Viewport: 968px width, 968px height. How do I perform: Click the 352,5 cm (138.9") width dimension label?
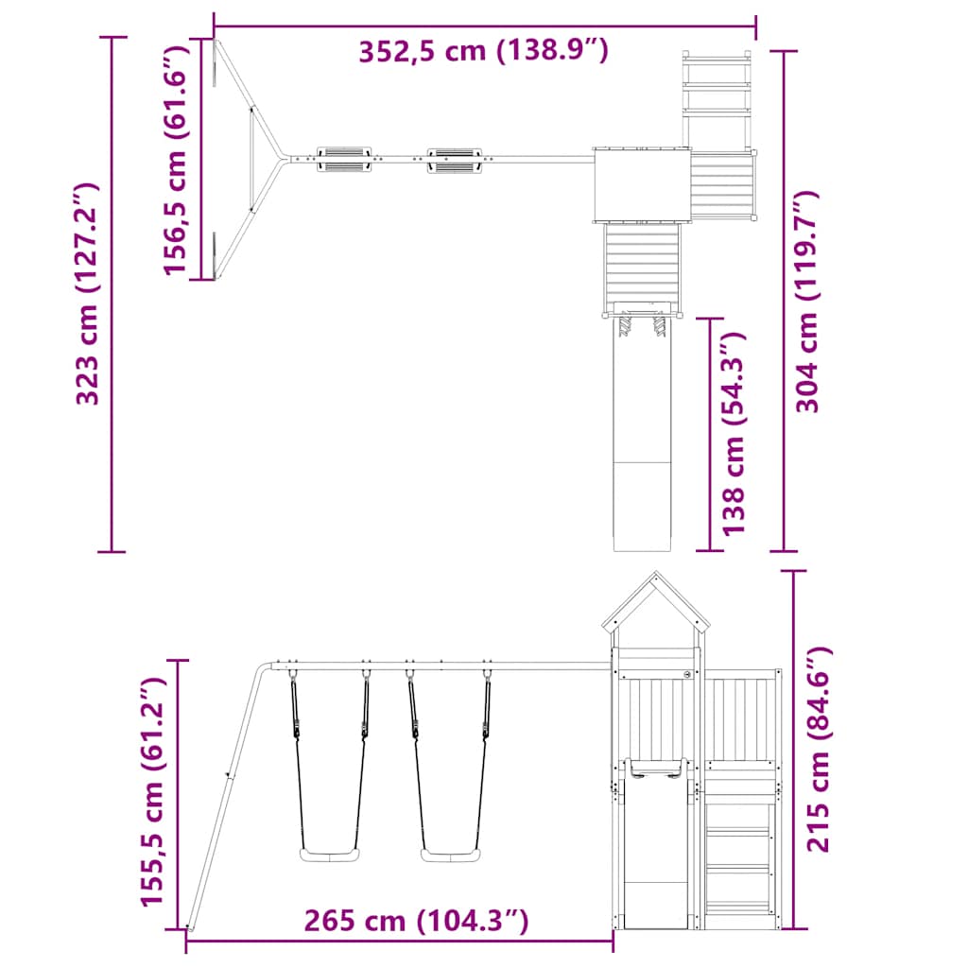coord(483,51)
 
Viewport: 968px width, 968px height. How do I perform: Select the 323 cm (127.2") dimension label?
coord(89,293)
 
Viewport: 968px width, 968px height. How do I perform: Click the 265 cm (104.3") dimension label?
coord(416,920)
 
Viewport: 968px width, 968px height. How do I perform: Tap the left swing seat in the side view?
coord(329,856)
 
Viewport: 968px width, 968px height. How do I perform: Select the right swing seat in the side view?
coord(449,856)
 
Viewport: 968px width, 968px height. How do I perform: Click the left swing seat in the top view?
coord(343,159)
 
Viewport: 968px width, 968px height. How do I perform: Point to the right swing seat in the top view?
coord(455,159)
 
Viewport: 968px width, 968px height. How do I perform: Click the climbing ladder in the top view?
coord(717,91)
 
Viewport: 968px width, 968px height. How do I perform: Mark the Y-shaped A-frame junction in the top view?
coord(278,159)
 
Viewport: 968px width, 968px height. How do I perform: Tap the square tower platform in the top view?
coord(640,184)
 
